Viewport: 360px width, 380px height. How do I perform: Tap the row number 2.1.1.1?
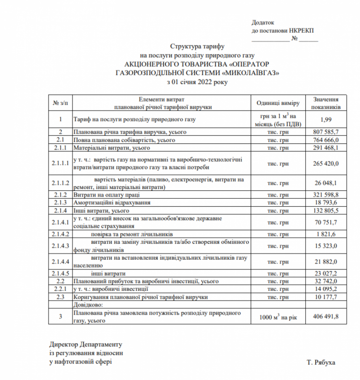[x=61, y=164]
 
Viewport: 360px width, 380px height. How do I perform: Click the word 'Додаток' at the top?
[x=262, y=22]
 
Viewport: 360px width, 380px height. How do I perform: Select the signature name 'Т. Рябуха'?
[x=321, y=362]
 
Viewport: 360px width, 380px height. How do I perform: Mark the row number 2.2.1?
[x=61, y=290]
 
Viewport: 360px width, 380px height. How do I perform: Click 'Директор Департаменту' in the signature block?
[x=86, y=344]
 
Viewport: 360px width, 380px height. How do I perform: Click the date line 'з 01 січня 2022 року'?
[x=198, y=82]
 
